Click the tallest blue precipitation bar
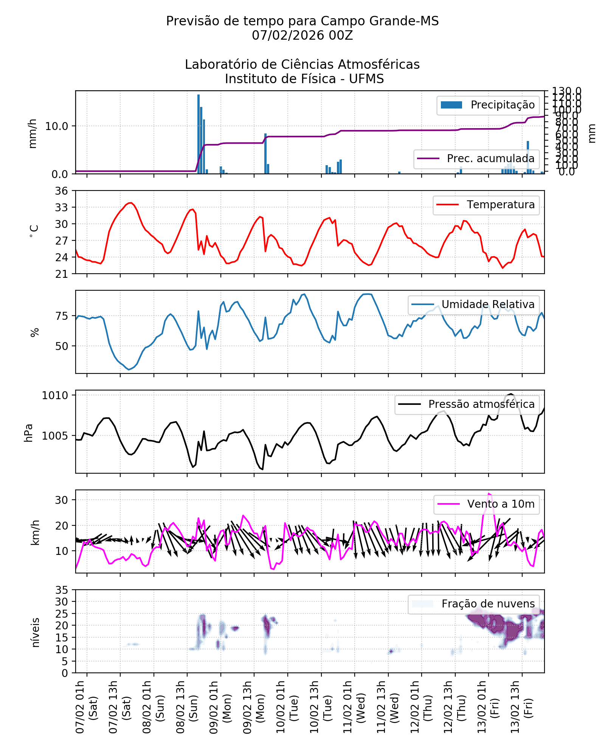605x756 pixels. (x=199, y=134)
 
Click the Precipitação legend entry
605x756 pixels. (x=488, y=105)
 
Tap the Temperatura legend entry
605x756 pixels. (x=486, y=205)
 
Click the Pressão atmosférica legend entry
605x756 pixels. (x=467, y=404)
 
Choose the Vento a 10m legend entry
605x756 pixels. (x=486, y=504)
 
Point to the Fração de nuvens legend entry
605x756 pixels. (x=473, y=604)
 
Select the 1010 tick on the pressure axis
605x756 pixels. (x=55, y=395)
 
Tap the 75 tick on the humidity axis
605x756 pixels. (x=62, y=316)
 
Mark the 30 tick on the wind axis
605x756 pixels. (x=62, y=500)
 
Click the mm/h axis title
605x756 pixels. (x=33, y=133)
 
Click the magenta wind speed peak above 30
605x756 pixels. (x=489, y=493)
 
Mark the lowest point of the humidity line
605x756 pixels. (x=129, y=369)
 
